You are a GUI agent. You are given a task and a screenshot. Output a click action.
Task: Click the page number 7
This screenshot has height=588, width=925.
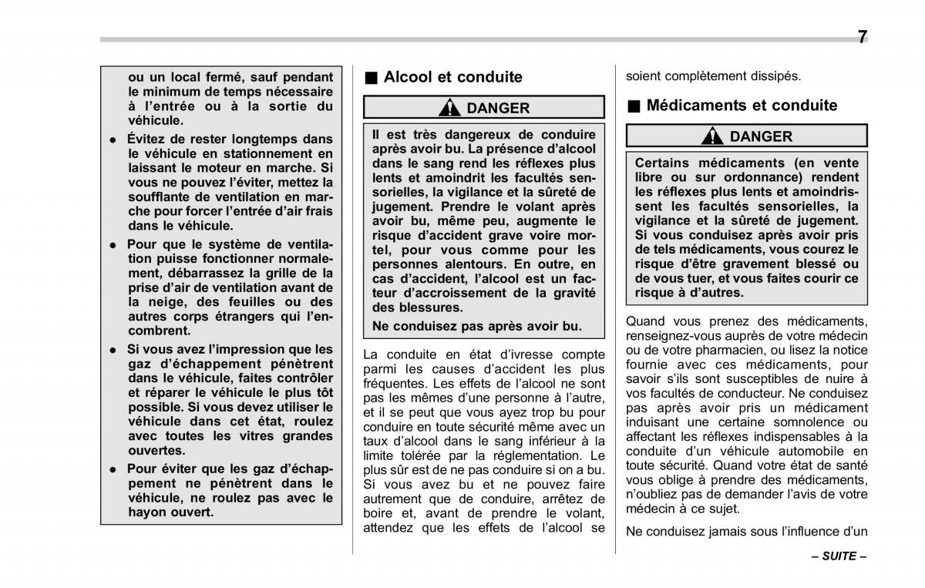click(862, 37)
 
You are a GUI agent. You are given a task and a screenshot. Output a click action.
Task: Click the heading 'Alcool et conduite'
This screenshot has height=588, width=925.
click(452, 77)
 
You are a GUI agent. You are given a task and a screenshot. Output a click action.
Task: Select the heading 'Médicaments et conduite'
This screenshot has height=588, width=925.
click(742, 106)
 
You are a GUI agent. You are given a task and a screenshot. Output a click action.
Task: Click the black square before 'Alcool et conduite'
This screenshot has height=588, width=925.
click(371, 78)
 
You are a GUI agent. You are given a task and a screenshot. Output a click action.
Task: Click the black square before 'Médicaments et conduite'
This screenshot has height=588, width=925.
click(634, 106)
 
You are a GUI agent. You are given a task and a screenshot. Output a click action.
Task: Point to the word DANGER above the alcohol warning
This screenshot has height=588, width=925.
click(498, 108)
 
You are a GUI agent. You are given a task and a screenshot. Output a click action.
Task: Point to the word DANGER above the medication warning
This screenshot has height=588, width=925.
click(761, 137)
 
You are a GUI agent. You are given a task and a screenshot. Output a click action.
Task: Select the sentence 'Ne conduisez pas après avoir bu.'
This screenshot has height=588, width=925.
click(476, 326)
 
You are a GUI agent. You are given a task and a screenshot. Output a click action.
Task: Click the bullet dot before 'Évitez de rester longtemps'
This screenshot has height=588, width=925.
click(113, 140)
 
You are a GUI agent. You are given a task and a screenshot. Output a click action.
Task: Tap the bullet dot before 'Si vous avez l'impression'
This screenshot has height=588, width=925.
click(113, 350)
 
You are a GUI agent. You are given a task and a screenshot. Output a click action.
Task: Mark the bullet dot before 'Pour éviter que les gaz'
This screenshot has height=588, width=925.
click(113, 469)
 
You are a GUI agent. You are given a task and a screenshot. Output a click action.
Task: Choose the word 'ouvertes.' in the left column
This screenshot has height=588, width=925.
click(156, 451)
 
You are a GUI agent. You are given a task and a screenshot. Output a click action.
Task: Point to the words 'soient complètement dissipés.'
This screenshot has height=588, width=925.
click(713, 76)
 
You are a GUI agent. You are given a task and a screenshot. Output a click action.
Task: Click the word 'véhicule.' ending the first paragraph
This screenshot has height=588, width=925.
click(156, 120)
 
